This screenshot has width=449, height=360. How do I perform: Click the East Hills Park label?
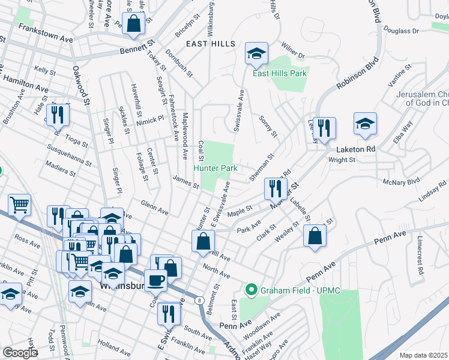(280, 74)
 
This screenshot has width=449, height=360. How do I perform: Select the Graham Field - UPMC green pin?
(250, 291)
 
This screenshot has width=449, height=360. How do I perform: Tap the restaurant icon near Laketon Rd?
(324, 128)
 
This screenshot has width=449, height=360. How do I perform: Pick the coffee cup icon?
(155, 279)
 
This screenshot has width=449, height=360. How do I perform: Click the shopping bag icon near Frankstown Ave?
(134, 23)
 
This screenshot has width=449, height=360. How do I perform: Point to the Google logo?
(20, 353)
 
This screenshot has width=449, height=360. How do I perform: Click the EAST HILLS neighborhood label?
(206, 44)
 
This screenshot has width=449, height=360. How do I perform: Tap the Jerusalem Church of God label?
(423, 99)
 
